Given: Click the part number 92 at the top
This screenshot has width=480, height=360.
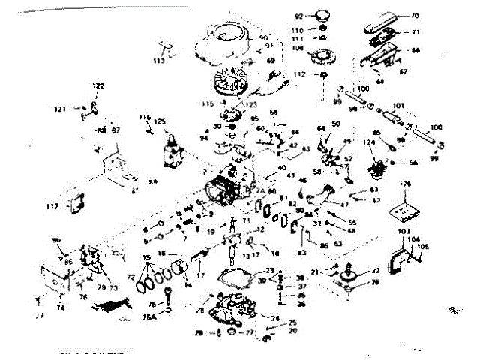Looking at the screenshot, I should (x=298, y=16).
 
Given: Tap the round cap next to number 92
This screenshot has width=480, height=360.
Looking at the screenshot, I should (x=325, y=16).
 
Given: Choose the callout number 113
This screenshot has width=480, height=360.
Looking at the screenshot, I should (x=158, y=60).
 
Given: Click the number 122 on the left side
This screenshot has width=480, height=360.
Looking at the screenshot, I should (x=97, y=86).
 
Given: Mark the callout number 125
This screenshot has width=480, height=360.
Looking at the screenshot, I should (x=160, y=121).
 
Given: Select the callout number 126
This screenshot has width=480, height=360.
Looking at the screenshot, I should (x=406, y=184).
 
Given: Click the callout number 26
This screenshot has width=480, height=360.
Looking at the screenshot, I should (x=376, y=283).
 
